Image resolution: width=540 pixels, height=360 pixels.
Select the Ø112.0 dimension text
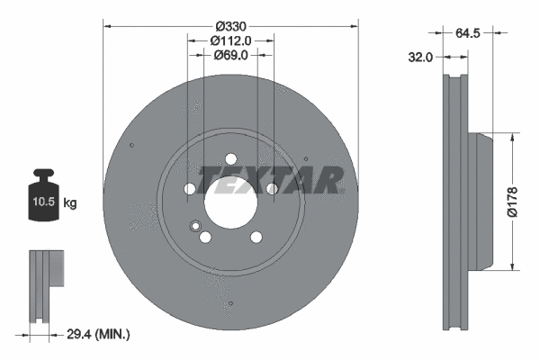pyautogui.click(x=229, y=40)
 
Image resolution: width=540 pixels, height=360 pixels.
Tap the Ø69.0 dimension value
pyautogui.click(x=229, y=56)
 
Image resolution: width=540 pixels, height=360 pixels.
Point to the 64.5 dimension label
pyautogui.click(x=466, y=33)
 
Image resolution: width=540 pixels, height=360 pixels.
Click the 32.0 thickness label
pyautogui.click(x=420, y=56)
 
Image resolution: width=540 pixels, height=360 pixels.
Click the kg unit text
pyautogui.click(x=70, y=204)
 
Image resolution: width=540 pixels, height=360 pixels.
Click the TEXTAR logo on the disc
pyautogui.click(x=270, y=179)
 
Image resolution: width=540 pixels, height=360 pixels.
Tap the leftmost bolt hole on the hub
pyautogui.click(x=189, y=189)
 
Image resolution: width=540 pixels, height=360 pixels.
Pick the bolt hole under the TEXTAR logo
pyautogui.click(x=271, y=189)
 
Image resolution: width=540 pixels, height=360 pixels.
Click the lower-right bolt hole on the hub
pyautogui.click(x=256, y=238)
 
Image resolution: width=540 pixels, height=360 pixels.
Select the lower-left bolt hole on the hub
pyautogui.click(x=205, y=238)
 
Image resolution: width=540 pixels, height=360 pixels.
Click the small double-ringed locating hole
pyautogui.click(x=194, y=226)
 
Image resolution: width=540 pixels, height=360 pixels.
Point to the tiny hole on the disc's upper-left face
pyautogui.click(x=131, y=146)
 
